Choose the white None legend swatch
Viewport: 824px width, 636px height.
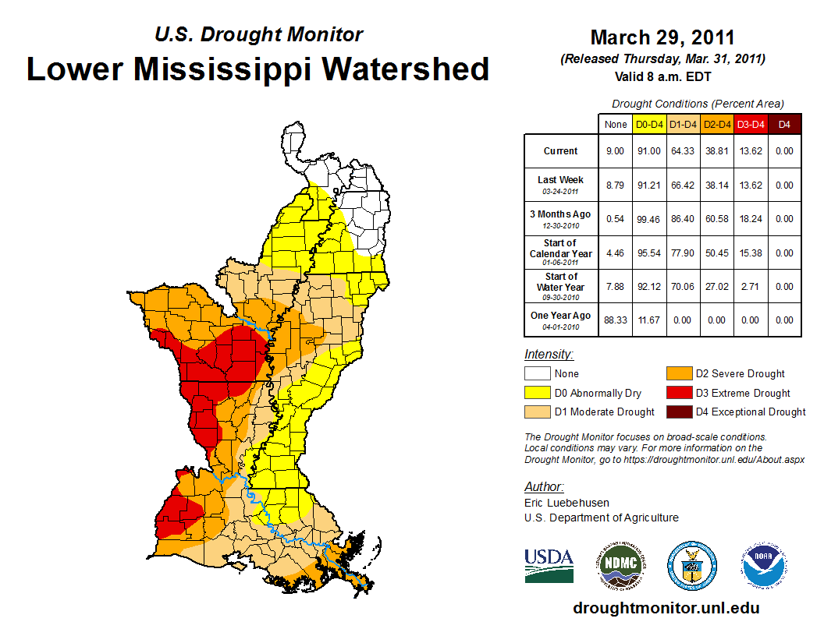pos(537,373)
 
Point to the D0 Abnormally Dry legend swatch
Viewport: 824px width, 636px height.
pos(537,393)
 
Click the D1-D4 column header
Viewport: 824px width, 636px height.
pos(683,124)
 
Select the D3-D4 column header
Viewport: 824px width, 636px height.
pos(751,124)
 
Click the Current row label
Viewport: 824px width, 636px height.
pos(561,151)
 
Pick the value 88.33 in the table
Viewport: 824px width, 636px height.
pos(615,320)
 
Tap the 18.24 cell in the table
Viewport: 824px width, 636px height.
pos(751,219)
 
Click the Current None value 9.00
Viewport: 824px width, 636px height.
pos(615,151)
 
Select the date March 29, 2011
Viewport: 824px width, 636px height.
pos(662,37)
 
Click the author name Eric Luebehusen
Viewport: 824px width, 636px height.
pos(566,503)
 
